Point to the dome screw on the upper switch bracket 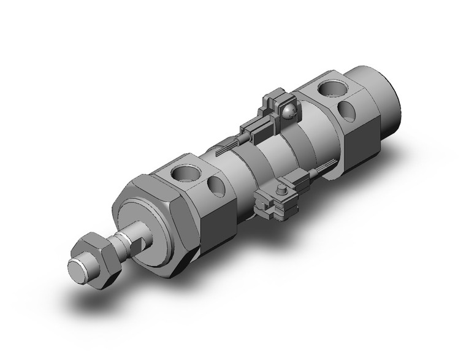point(289,110)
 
